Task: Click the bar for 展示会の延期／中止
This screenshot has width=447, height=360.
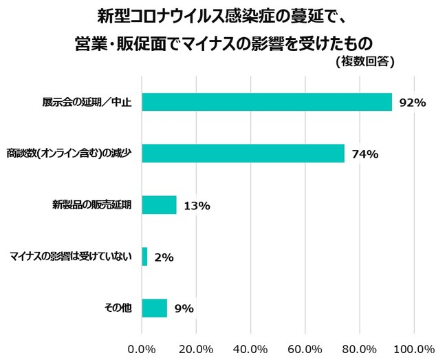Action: pyautogui.click(x=267, y=102)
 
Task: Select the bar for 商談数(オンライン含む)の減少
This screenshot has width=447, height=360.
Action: pyautogui.click(x=243, y=153)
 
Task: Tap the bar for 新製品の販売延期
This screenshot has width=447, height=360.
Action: pyautogui.click(x=159, y=205)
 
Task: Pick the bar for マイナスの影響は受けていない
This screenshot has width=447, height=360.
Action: pyautogui.click(x=144, y=257)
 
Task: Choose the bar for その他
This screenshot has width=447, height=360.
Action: pyautogui.click(x=154, y=308)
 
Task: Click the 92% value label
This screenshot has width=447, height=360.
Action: pyautogui.click(x=413, y=103)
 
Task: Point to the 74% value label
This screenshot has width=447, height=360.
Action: pyautogui.click(x=365, y=154)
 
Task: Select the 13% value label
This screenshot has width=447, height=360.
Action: pyautogui.click(x=197, y=206)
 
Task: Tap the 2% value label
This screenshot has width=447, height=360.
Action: pyautogui.click(x=164, y=257)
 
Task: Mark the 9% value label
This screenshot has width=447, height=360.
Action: pyautogui.click(x=183, y=308)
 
